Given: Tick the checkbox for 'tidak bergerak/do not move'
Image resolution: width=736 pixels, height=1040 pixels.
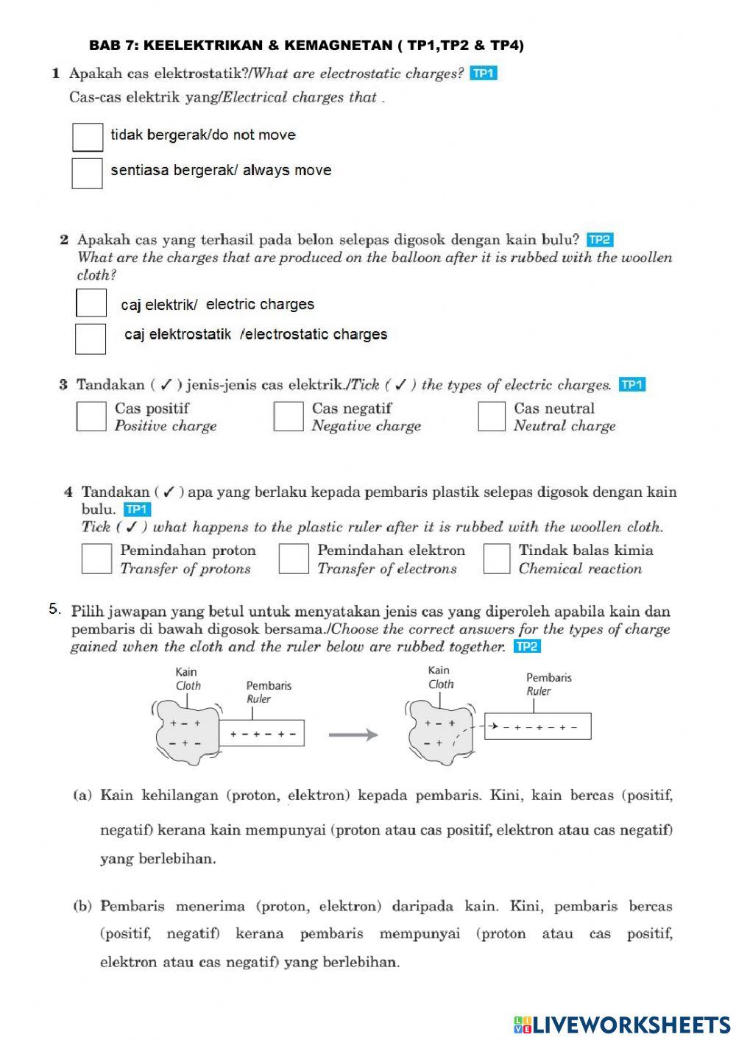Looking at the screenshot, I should [x=88, y=137].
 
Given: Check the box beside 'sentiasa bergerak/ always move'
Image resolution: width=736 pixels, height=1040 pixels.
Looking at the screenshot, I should [x=87, y=173].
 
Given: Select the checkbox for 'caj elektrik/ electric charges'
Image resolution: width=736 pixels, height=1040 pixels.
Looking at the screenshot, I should [x=91, y=303].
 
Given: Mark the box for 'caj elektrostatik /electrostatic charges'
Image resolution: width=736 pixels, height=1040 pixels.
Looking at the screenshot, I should [x=91, y=339].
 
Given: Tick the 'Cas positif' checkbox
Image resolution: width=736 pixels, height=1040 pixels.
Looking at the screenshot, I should [x=91, y=416].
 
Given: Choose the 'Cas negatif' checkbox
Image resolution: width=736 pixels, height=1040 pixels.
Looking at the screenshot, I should [x=289, y=416].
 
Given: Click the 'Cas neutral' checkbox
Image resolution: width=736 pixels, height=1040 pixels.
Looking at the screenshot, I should [x=492, y=416].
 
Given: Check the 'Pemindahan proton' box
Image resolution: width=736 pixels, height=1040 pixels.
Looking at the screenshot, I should [x=96, y=559].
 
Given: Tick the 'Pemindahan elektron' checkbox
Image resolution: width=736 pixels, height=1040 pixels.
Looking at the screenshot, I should [x=294, y=559].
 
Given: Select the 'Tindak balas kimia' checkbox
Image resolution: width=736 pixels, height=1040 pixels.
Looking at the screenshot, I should [x=497, y=559].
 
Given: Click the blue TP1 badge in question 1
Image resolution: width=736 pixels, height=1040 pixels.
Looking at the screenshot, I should [x=484, y=73].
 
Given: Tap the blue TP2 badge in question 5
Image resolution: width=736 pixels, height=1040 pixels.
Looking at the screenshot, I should [x=527, y=646].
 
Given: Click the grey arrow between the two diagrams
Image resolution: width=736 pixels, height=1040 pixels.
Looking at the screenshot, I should [x=353, y=735].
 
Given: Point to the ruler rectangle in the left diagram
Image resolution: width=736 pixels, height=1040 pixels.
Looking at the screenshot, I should [x=262, y=733].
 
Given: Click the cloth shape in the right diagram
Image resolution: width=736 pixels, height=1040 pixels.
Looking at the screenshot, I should [x=439, y=732].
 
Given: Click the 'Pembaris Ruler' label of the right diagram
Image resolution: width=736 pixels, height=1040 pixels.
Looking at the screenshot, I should [x=548, y=684].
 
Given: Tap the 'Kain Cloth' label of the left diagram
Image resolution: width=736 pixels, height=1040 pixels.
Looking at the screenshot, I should [x=187, y=678].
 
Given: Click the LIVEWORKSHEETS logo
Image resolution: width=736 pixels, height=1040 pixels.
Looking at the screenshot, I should [x=622, y=1024].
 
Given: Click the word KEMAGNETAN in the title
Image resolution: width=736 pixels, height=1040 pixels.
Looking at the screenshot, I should [x=338, y=46].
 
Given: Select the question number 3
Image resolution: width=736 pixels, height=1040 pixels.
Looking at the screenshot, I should [x=63, y=384].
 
